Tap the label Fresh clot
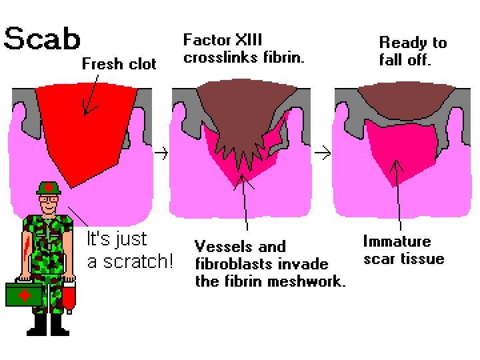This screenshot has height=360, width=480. coord(119,64)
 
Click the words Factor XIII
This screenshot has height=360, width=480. coord(223,41)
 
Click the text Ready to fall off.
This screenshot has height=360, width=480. coord(413,51)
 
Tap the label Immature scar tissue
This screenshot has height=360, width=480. coord(404,250)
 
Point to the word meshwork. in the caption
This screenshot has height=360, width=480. coord(311,281)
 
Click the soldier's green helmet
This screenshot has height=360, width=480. coord(49,187)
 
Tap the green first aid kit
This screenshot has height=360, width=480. coord(24,294)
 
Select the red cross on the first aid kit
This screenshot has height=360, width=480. coord(24,294)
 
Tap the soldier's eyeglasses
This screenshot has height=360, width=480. coord(48,199)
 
